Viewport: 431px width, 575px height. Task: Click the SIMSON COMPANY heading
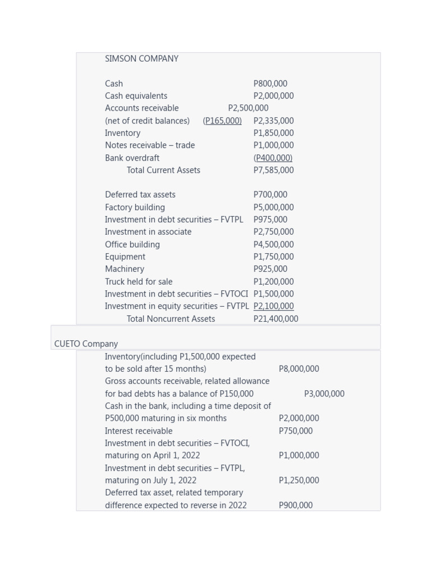[141, 58]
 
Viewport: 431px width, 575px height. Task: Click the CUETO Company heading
[86, 344]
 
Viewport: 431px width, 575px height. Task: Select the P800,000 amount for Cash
[270, 84]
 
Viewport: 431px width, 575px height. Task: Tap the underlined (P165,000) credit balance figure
[222, 121]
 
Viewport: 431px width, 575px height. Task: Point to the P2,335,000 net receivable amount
[273, 121]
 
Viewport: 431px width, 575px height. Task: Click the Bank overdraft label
[132, 158]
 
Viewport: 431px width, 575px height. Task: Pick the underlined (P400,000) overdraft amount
[273, 158]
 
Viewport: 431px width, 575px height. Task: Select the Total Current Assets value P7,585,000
[273, 170]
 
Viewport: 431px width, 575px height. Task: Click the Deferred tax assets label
[140, 195]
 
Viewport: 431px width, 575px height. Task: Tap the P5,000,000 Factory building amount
[273, 207]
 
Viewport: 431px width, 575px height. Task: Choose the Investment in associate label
[148, 232]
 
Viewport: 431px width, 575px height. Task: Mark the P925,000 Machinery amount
[270, 269]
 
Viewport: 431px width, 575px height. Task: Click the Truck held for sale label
[139, 282]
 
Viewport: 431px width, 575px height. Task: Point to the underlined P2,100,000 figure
[273, 306]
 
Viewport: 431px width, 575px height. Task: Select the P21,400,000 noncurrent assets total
[276, 319]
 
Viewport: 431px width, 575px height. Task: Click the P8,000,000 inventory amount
[299, 369]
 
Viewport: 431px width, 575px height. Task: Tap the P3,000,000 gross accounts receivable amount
[324, 394]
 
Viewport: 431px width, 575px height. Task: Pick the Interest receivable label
[139, 431]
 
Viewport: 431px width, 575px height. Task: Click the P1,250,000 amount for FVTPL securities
[299, 480]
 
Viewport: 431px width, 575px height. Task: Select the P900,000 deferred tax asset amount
[295, 505]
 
